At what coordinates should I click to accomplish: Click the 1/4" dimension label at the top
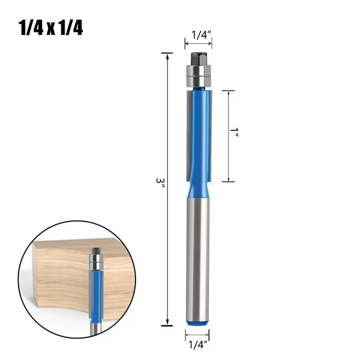pos(200,34)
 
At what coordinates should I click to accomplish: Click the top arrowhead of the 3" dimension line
pos(168,55)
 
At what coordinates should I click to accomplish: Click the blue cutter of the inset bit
pos(96,287)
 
